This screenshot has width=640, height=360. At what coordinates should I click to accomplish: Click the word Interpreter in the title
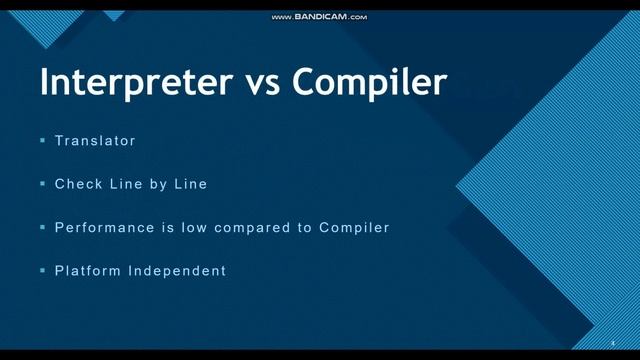click(x=134, y=82)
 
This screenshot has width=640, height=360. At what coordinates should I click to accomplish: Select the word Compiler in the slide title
click(x=370, y=82)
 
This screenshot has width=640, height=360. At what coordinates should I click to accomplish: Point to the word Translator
click(x=95, y=141)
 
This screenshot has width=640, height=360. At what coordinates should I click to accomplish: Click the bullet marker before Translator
click(x=43, y=141)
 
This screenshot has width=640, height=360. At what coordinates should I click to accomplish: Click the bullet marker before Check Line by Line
click(x=43, y=184)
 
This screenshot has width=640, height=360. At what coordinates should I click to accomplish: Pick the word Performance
click(x=105, y=228)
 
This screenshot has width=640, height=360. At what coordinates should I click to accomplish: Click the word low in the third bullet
click(x=196, y=228)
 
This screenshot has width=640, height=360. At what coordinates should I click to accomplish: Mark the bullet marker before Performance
click(x=43, y=228)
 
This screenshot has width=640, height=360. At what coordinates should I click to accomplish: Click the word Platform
click(x=87, y=271)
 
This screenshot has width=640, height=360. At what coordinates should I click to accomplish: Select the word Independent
click(x=177, y=271)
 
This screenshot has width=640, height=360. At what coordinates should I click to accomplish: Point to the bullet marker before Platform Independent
click(x=43, y=271)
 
